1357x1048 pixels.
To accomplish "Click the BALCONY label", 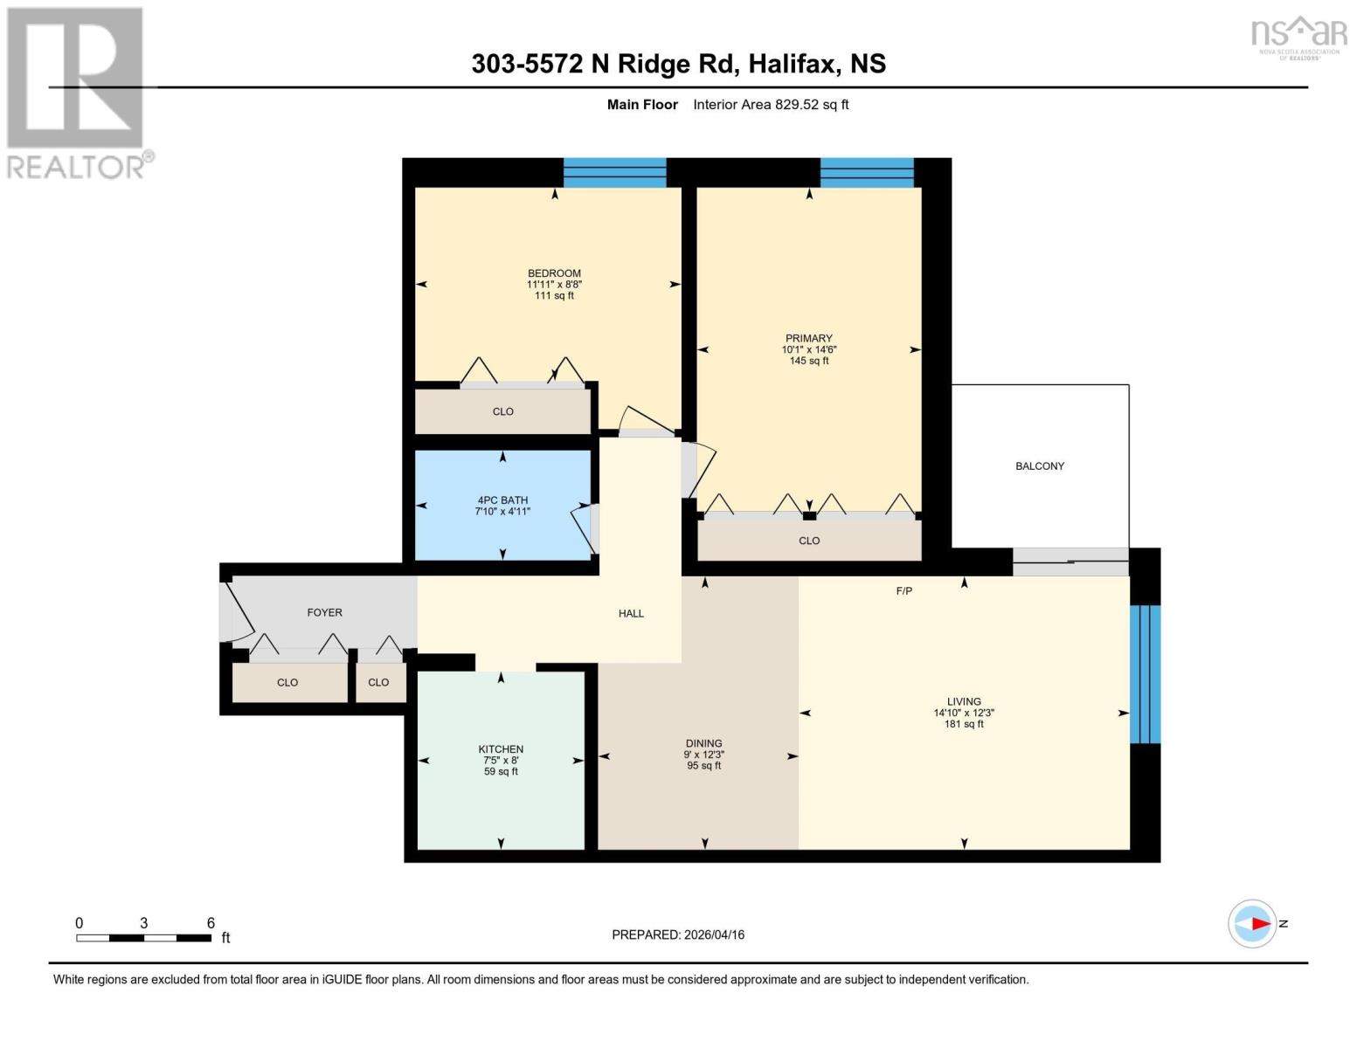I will (1040, 466).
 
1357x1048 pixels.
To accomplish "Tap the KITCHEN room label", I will (501, 749).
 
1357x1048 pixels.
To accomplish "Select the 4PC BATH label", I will (502, 500).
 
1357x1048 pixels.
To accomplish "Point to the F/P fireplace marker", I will (904, 591).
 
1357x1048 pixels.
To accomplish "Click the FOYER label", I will (324, 613).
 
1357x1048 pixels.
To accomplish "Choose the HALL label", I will (631, 614).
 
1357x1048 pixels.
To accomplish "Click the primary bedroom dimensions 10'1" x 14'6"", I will (809, 349).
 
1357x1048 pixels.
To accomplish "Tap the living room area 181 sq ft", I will (964, 724).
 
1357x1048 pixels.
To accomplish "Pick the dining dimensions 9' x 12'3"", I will (704, 755).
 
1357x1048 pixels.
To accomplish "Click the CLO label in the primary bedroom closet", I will (809, 541).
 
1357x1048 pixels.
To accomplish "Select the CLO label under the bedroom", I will (503, 411).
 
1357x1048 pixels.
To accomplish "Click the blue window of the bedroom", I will (614, 173).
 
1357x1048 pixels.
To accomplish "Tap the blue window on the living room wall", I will (1145, 672).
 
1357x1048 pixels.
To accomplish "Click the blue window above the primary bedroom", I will (867, 173).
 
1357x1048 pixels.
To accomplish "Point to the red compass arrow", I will (1259, 923).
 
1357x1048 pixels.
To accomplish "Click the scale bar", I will (144, 938).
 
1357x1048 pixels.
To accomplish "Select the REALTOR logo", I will (77, 92).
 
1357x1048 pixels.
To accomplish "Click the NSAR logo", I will (1299, 37).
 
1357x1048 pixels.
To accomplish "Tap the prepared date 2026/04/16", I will (678, 934).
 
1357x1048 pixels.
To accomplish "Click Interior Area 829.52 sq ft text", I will (771, 105).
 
